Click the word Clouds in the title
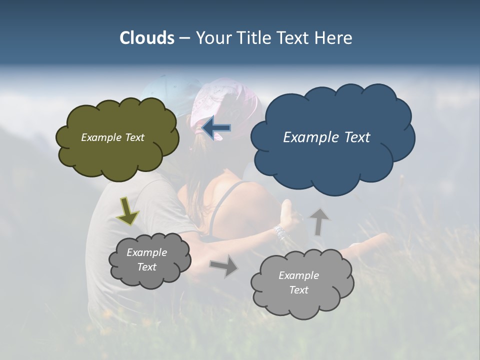point(147,38)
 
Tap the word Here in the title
point(335,38)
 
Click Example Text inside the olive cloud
point(112,137)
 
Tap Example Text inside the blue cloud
point(326,137)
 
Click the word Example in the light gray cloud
point(298,275)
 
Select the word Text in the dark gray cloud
point(147,267)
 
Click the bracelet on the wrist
point(279,232)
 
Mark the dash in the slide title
point(184,38)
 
